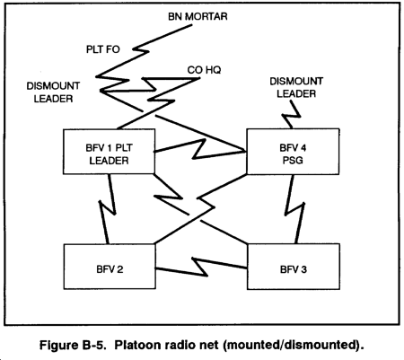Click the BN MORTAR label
pyautogui.click(x=198, y=16)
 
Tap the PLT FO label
pyautogui.click(x=103, y=49)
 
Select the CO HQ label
pyautogui.click(x=204, y=70)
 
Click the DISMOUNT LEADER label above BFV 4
pyautogui.click(x=296, y=87)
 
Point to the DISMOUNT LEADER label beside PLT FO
pyautogui.click(x=53, y=92)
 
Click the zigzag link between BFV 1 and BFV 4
pyautogui.click(x=199, y=149)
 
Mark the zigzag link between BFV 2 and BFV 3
pyautogui.click(x=200, y=267)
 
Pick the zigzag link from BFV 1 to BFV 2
pyautogui.click(x=108, y=208)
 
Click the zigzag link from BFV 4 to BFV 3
pyautogui.click(x=294, y=209)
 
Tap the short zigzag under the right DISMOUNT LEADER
pyautogui.click(x=291, y=115)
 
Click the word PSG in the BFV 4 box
pyautogui.click(x=293, y=161)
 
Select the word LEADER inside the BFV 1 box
pyautogui.click(x=109, y=161)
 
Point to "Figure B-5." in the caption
pyautogui.click(x=73, y=345)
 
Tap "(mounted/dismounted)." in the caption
pyautogui.click(x=294, y=345)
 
